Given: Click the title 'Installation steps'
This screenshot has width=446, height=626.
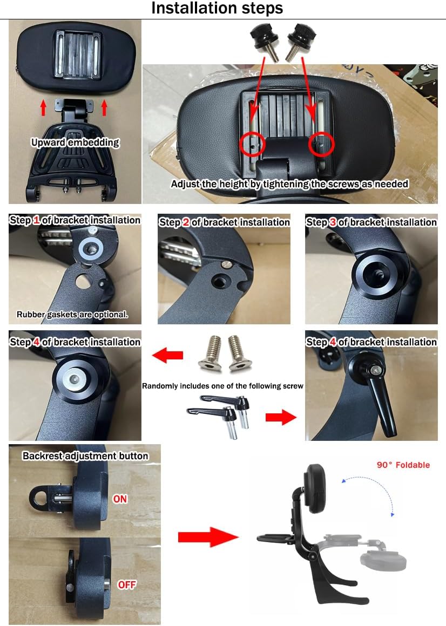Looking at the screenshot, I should pyautogui.click(x=217, y=9).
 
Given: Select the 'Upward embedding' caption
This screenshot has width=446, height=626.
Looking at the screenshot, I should pyautogui.click(x=75, y=142).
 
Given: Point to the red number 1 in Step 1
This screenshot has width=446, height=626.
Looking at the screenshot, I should pyautogui.click(x=37, y=220).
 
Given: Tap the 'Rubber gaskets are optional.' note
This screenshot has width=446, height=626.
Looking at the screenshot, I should pyautogui.click(x=72, y=314).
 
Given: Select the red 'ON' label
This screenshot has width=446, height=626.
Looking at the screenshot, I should pyautogui.click(x=120, y=499).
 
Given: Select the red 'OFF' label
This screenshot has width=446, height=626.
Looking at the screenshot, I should pyautogui.click(x=126, y=584).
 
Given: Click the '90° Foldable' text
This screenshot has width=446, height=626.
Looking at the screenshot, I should pyautogui.click(x=403, y=465).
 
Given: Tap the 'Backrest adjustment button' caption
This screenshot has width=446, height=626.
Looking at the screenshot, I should pyautogui.click(x=85, y=456).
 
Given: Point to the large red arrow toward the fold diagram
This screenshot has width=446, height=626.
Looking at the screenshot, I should pyautogui.click(x=208, y=537).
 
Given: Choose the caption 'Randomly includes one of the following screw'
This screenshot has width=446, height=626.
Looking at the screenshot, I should pyautogui.click(x=223, y=386).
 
